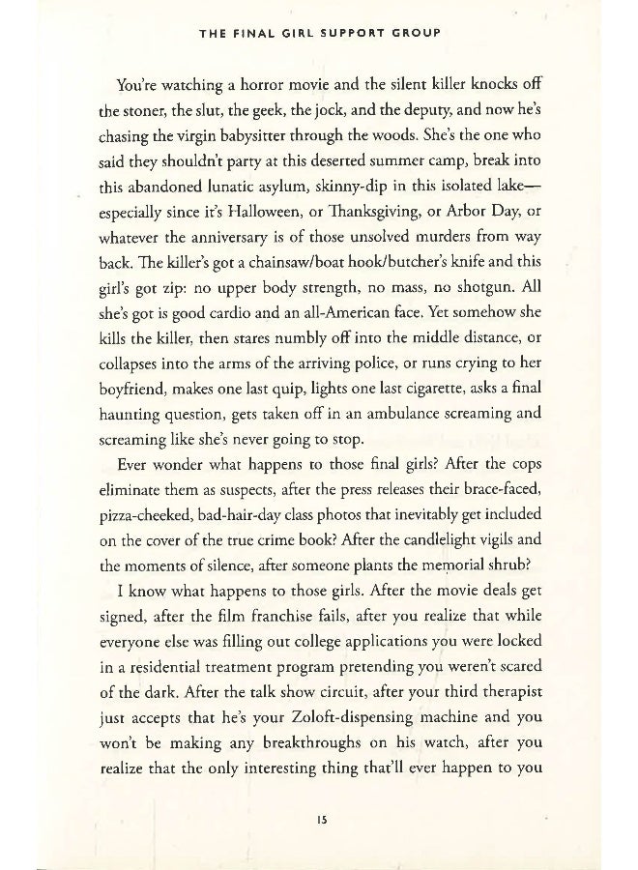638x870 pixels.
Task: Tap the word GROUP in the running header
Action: tap(417, 32)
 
